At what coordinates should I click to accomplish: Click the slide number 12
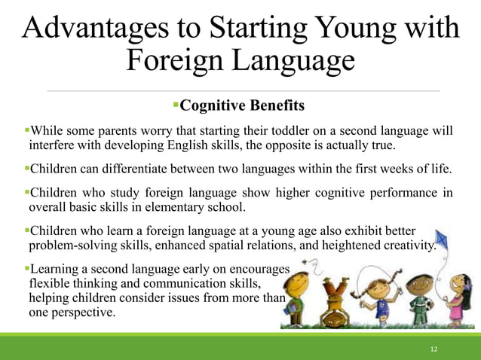[x=434, y=349]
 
